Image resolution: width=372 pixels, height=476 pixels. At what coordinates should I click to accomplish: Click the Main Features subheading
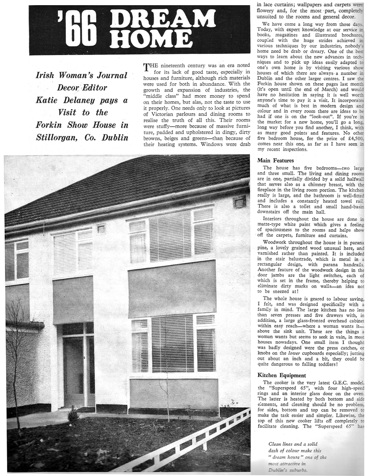[275, 160]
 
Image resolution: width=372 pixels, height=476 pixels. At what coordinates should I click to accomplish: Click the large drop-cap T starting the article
[146, 66]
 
